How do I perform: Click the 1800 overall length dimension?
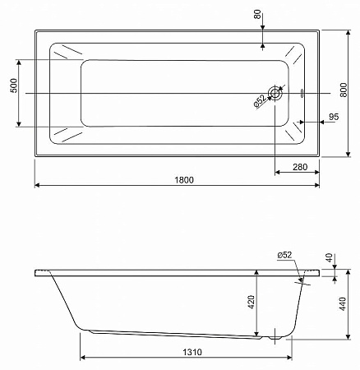click(183, 181)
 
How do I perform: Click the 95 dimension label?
click(333, 118)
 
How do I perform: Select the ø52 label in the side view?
click(285, 256)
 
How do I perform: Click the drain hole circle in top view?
click(275, 94)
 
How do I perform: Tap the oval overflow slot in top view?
click(302, 94)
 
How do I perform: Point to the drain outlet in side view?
click(274, 336)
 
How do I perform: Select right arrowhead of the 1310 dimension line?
click(292, 358)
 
